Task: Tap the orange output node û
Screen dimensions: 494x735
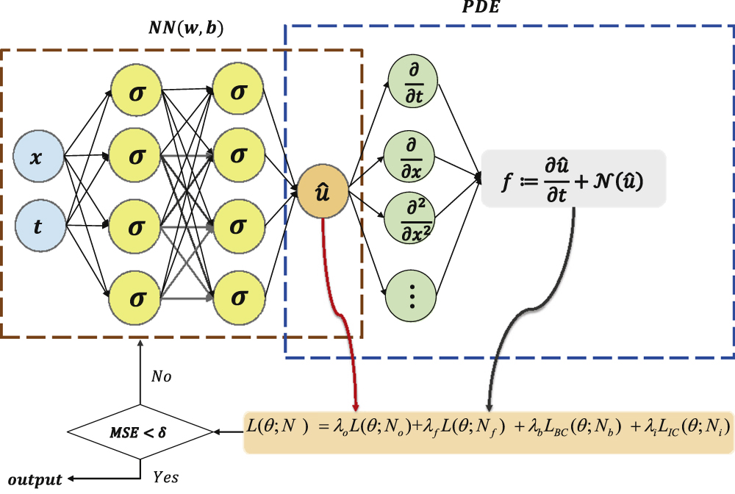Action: [x=321, y=193]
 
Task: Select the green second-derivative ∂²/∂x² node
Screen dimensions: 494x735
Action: [x=412, y=216]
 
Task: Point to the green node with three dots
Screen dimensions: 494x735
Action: [x=412, y=296]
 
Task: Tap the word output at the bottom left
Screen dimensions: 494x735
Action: [x=35, y=479]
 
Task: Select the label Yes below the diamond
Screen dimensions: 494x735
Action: [x=165, y=477]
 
